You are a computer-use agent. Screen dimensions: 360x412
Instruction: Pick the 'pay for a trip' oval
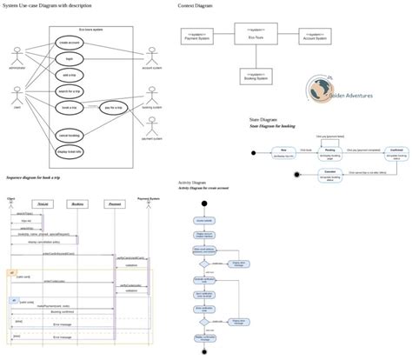tap(115, 107)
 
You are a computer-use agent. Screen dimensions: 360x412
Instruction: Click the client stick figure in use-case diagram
tap(17, 96)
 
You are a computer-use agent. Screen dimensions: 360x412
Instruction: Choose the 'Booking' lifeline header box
tap(76, 203)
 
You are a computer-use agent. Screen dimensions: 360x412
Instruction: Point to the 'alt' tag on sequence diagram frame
tap(10, 272)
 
